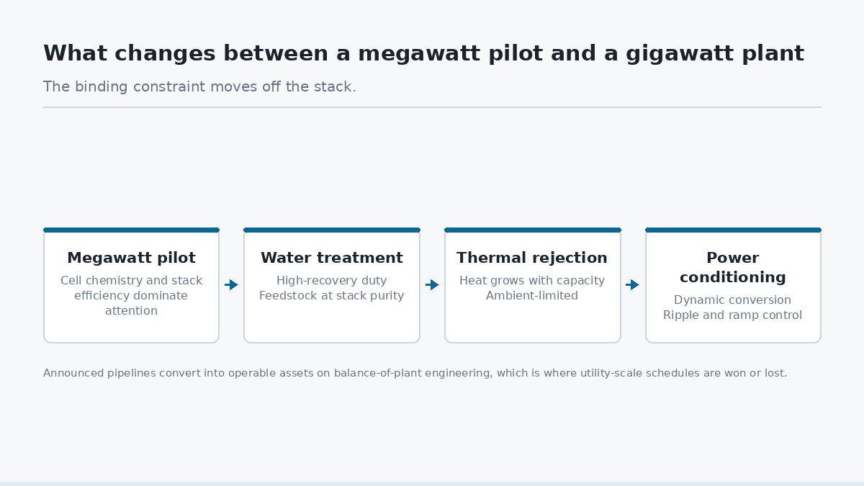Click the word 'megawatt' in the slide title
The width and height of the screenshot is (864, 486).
[x=419, y=53]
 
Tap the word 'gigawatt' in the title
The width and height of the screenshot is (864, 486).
[x=679, y=54]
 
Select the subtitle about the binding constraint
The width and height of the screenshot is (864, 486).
[x=199, y=87]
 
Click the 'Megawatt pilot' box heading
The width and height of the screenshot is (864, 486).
[x=131, y=258]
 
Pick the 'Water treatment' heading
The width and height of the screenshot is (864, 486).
[x=332, y=258]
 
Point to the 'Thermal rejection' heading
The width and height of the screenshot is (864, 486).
[x=532, y=258]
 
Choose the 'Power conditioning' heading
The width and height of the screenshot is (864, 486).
[x=732, y=267]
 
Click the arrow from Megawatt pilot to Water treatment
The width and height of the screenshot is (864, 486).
[x=231, y=285]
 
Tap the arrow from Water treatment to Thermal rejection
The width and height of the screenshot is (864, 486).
[x=433, y=285]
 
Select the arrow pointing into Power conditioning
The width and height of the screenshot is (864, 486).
[x=633, y=285]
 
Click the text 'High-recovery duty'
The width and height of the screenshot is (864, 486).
[x=332, y=280]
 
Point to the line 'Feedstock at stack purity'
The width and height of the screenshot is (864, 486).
[x=332, y=296]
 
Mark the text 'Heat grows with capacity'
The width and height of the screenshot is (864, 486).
[x=532, y=280]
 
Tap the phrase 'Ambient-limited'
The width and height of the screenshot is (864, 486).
[x=532, y=296]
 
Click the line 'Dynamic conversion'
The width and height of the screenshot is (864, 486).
[x=732, y=300]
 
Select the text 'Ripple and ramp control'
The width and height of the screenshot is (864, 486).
[x=732, y=315]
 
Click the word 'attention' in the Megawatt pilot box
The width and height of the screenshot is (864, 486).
[x=131, y=311]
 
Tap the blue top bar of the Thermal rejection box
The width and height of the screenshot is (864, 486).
[x=533, y=230]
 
